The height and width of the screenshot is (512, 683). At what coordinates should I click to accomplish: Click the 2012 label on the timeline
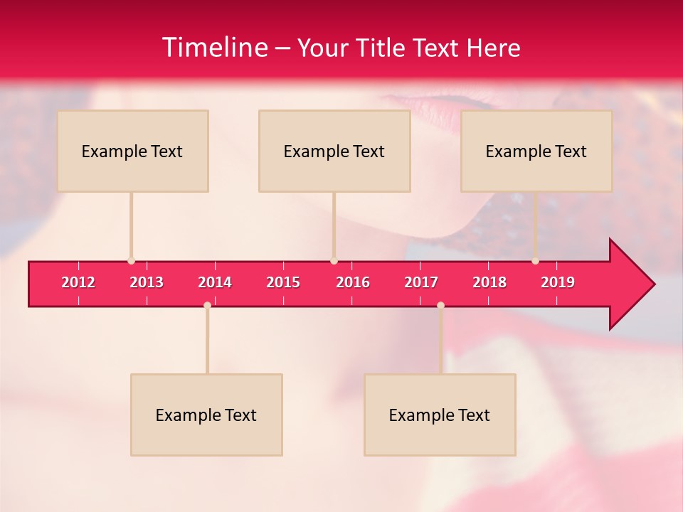[78, 282]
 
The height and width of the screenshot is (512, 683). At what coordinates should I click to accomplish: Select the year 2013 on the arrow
[147, 282]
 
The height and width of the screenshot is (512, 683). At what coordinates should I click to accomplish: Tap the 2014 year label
[215, 282]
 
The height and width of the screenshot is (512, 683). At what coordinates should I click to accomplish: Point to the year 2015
[283, 282]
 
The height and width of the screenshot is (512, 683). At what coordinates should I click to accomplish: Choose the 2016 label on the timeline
[353, 282]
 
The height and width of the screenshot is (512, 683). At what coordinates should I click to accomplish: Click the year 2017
[421, 282]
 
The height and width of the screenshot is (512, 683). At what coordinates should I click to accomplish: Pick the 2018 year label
[489, 282]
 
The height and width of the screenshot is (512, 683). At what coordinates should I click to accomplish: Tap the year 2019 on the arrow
[558, 282]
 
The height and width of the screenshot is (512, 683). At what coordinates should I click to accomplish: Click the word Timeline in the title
[214, 48]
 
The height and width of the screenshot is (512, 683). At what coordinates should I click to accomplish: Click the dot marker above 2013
[131, 261]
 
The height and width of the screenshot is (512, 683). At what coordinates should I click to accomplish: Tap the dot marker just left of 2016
[334, 261]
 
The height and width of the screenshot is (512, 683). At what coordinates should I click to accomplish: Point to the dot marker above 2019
[535, 261]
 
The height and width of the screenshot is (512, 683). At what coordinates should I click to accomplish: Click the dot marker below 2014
[207, 305]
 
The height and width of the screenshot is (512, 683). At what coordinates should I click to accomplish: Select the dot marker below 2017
[440, 305]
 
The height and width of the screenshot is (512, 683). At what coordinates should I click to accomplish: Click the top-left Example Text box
[132, 151]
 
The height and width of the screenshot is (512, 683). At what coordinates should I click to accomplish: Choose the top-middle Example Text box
[334, 151]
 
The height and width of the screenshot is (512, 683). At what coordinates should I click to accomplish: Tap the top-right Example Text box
[536, 151]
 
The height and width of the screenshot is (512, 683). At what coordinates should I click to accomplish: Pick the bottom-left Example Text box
[206, 415]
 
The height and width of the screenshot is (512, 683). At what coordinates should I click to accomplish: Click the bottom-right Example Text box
[440, 415]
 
